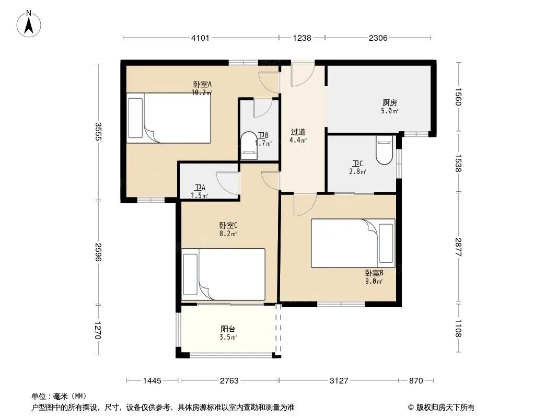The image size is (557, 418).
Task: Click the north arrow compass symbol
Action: pos(29,24)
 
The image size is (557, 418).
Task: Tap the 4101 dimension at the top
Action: pos(200,38)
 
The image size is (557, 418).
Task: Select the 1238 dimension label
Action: pos(302,38)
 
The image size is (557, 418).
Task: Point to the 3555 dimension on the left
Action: pos(98,131)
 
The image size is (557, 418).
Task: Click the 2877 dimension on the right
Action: pos(458,247)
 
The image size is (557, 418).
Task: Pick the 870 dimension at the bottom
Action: pos(416,381)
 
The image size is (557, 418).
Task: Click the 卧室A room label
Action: pos(203,85)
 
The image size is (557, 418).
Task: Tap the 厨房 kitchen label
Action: pos(390,103)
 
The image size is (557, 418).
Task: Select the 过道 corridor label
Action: pos(298,132)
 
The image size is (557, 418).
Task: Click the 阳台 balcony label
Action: pos(228,329)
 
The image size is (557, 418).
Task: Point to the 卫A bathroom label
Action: pos(200,188)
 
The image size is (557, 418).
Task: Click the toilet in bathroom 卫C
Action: pos(385,150)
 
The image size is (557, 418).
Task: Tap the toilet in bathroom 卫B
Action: pos(249,146)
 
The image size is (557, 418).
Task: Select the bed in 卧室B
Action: pos(353,243)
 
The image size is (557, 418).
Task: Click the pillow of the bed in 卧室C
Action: pos(190,274)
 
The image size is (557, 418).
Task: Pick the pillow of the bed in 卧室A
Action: pos(135,118)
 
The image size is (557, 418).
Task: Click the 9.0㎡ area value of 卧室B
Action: pos(374,282)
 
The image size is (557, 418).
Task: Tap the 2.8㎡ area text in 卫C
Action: pos(358,171)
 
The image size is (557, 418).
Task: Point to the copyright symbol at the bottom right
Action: pos(411,408)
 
